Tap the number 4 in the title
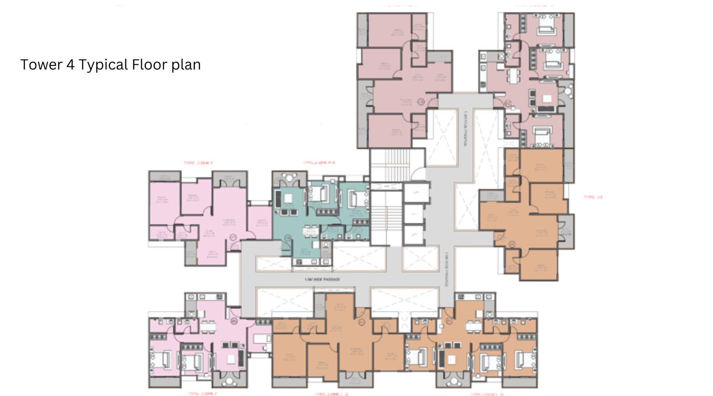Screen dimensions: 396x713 pos(70,65)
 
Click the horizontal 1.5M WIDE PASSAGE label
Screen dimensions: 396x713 pos(322,279)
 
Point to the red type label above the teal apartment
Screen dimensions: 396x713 pos(319,163)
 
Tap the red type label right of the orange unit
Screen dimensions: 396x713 pos(593,197)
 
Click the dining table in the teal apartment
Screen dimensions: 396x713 pos(311,231)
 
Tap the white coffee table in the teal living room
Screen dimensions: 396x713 pos(288,198)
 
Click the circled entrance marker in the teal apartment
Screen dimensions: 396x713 pos(288,238)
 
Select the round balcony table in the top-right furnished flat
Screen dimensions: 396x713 pos(568,92)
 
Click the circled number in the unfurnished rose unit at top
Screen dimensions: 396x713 pos(420,102)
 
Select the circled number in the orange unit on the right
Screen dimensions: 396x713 pos(512,244)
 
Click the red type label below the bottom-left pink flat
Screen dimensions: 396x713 pos(202,394)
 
